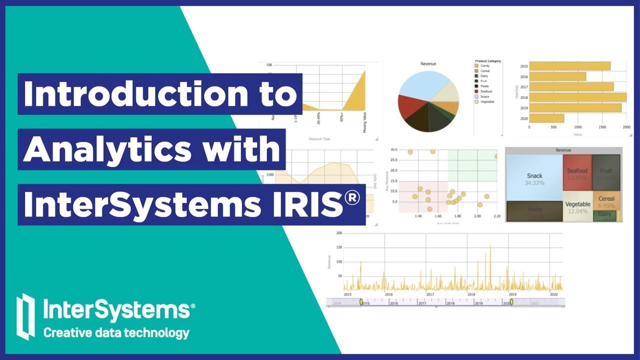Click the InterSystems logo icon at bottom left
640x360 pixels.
pos(25,316)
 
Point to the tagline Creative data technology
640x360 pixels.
pos(116,333)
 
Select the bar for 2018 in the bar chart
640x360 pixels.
pos(577,97)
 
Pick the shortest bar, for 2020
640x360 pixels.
pos(546,118)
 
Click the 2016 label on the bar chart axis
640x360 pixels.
pos(524,77)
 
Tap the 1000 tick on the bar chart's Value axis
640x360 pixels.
pos(578,127)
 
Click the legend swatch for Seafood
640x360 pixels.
pos(476,91)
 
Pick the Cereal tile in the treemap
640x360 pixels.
pos(606,201)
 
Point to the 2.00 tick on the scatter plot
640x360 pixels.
pos(477,216)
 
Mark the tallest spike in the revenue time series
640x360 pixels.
pos(490,246)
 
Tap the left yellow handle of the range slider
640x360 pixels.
pos(361,302)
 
